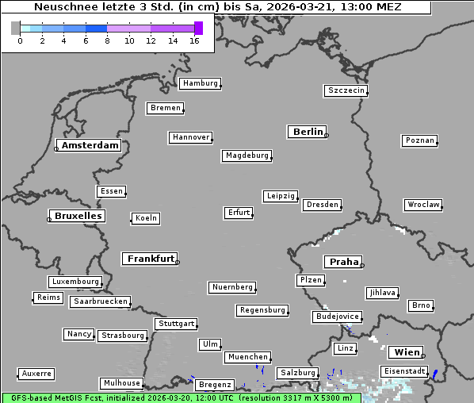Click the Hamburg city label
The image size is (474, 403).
[199, 83]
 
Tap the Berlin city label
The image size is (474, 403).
[308, 132]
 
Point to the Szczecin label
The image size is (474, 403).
[346, 90]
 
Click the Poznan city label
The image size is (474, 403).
[419, 140]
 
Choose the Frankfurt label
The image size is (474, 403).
[151, 259]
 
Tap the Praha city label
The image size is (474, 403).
[344, 262]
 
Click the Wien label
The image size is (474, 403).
[407, 352]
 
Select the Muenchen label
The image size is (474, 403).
[247, 357]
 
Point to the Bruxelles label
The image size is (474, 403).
[78, 216]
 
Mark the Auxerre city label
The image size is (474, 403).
[36, 373]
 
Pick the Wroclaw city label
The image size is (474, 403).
[423, 205]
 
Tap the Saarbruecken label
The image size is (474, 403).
[100, 301]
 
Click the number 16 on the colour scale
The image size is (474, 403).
[194, 40]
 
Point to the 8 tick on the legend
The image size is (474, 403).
[107, 40]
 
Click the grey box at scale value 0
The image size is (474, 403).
[16, 28]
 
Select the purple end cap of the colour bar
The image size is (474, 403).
[198, 28]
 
